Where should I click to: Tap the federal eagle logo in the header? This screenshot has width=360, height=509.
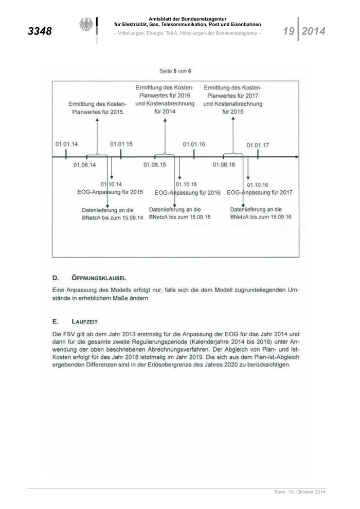coord(86,25)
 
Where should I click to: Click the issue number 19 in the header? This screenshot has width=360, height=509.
coord(288,31)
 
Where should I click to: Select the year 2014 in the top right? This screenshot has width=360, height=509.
coord(313,31)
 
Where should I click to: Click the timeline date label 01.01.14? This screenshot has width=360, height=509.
coord(67,144)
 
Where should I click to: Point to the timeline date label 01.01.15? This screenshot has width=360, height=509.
coord(121,144)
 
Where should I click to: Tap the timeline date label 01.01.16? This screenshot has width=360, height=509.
coord(194,144)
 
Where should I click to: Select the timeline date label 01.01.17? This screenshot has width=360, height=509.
coord(258,145)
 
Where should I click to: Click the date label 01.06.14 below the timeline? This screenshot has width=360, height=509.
coord(84,165)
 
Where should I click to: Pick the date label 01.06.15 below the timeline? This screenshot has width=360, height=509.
coord(155,165)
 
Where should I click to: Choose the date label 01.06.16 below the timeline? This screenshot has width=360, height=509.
coord(224,165)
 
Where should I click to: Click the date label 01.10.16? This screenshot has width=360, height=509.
coord(258,185)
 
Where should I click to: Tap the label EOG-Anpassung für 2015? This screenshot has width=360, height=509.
coord(106,192)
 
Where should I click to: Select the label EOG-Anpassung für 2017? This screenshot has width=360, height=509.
coord(260,192)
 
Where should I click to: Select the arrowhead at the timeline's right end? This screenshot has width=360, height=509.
coord(296,156)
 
